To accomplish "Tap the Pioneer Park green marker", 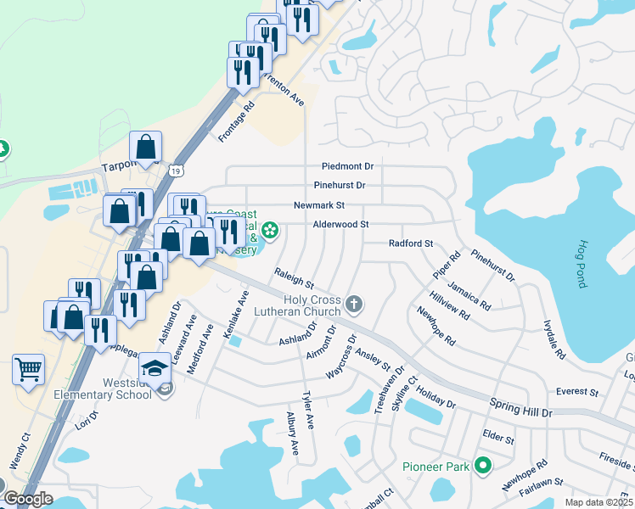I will click(x=483, y=465).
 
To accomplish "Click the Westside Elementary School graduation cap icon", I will click(x=155, y=367).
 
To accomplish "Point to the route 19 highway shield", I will click(x=173, y=170).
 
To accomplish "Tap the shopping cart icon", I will click(x=29, y=370).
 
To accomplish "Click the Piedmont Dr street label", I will click(x=347, y=166).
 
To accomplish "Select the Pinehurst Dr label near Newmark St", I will click(x=340, y=185).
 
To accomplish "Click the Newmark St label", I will click(x=318, y=205).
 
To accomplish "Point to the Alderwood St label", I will click(x=342, y=224).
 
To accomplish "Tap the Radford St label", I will click(x=411, y=243).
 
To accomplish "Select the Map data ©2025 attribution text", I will click(x=599, y=502).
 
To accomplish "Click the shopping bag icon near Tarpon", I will click(x=146, y=146).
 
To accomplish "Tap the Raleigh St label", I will click(x=294, y=277).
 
